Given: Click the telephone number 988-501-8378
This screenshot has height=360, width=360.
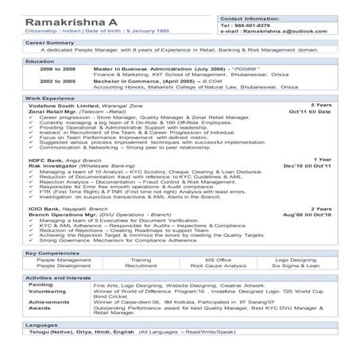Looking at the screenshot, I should pos(252,25).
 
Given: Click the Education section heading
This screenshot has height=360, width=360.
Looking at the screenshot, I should pos(40,60).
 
